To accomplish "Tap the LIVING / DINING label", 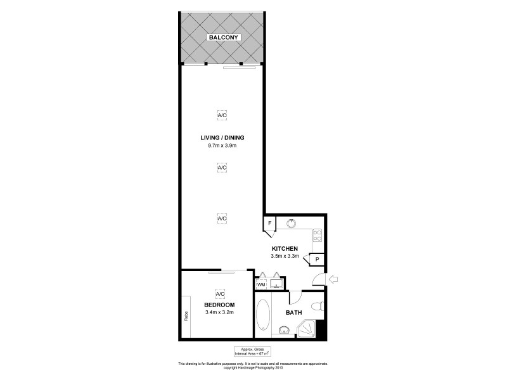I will (221, 137).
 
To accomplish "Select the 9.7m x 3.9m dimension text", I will (221, 146).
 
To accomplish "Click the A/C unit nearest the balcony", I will (221, 116).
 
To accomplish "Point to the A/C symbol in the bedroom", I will (221, 294).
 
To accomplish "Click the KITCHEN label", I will (285, 249).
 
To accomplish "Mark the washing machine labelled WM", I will (260, 286).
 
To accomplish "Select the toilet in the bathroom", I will (320, 308).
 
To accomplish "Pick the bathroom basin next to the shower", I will (283, 329).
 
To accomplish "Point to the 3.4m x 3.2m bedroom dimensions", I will (220, 312).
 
